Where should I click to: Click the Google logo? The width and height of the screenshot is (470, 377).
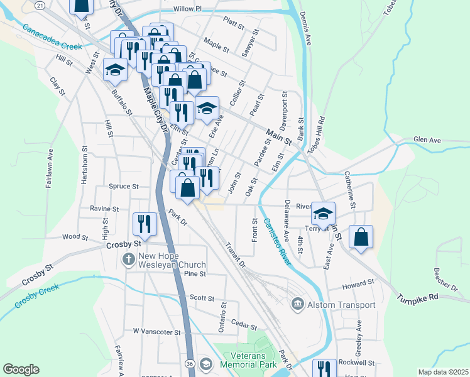click(21, 369)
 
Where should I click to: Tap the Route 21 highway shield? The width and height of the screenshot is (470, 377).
click(39, 5)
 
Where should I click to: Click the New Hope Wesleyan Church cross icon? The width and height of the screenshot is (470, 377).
click(129, 259)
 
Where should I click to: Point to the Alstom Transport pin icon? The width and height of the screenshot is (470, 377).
click(297, 305)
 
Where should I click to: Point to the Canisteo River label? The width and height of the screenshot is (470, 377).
click(276, 241)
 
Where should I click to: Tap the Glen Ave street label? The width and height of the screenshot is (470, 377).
click(427, 139)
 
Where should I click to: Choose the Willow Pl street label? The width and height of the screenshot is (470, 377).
click(189, 9)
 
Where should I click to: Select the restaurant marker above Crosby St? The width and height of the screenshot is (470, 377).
click(145, 224)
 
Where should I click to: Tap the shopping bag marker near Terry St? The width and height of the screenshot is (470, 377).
click(361, 236)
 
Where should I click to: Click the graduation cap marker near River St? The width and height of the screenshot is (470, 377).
click(323, 213)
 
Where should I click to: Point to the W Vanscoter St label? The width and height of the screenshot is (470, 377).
click(156, 331)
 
